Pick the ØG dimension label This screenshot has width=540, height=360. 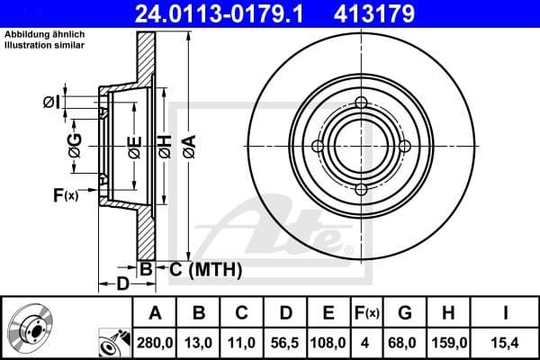coord(75,145)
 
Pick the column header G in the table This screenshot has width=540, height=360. coord(406,312)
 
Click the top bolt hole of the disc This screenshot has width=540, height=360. coord(361,103)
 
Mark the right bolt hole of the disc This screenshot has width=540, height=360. coord(405,146)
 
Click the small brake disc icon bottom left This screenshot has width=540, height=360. coord(31,328)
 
